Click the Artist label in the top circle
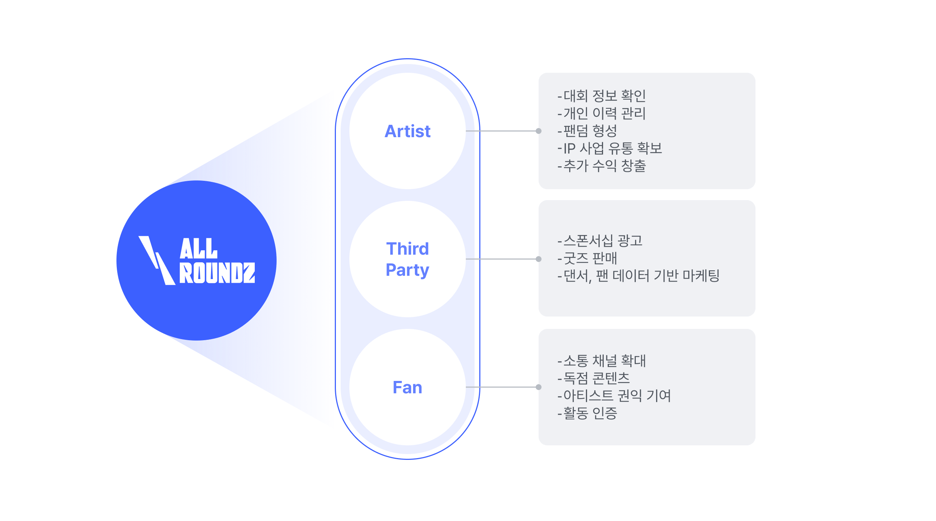pyautogui.click(x=407, y=131)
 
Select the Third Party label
pyautogui.click(x=407, y=259)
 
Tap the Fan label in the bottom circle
pyautogui.click(x=407, y=387)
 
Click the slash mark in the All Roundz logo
pyautogui.click(x=156, y=260)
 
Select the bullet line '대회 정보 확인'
pyautogui.click(x=604, y=96)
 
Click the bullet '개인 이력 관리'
pyautogui.click(x=604, y=114)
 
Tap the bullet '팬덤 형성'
pyautogui.click(x=590, y=131)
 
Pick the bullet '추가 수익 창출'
pyautogui.click(x=604, y=166)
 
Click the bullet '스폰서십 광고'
pyautogui.click(x=603, y=240)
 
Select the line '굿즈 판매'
pyautogui.click(x=590, y=258)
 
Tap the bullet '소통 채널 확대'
pyautogui.click(x=604, y=361)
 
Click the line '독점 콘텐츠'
pyautogui.click(x=596, y=378)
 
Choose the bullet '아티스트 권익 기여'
pyautogui.click(x=616, y=396)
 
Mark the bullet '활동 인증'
pyautogui.click(x=590, y=413)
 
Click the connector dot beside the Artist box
pyautogui.click(x=538, y=131)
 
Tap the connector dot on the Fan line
pyautogui.click(x=538, y=387)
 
